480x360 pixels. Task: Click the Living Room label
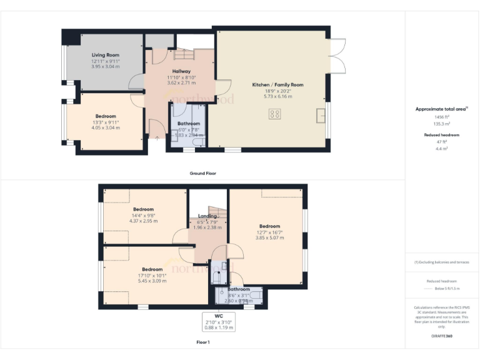tap(105, 55)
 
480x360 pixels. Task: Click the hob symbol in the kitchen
tap(274, 113)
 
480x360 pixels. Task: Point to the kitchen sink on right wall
tap(321, 116)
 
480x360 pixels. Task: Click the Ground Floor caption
tap(202, 173)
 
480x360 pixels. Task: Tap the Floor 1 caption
tap(202, 342)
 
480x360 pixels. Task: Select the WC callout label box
tap(217, 321)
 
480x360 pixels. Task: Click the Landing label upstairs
tap(207, 216)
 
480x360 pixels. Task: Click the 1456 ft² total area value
tap(442, 117)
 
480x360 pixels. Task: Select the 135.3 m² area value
tap(442, 124)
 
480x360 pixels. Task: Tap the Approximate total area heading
tap(441, 109)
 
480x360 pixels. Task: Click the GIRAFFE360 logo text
tap(442, 336)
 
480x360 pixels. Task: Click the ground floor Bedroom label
tap(105, 116)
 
